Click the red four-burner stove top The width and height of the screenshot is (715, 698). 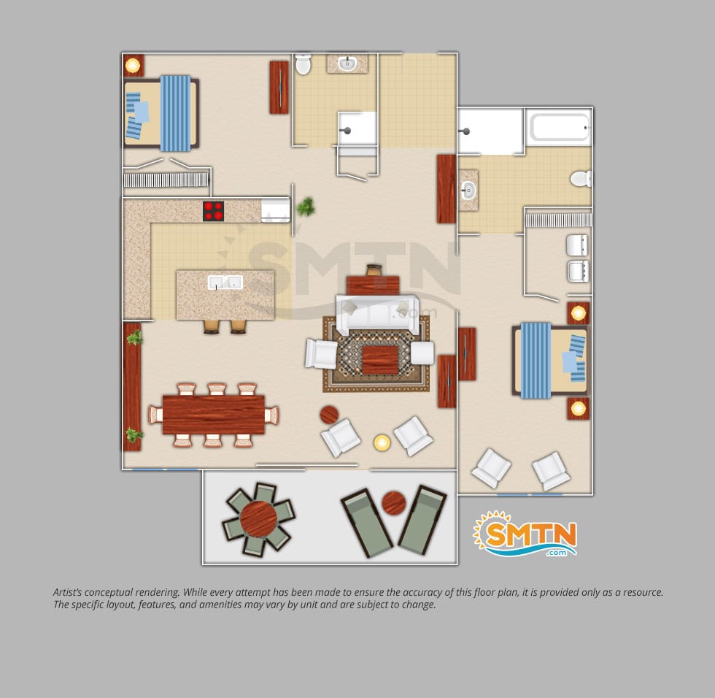click(x=213, y=211)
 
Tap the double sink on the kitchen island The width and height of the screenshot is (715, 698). click(x=225, y=283)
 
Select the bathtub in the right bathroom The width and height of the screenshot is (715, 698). click(x=559, y=127)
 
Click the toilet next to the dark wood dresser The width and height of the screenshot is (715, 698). click(x=303, y=64)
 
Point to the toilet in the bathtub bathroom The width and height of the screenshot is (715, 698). click(x=581, y=178)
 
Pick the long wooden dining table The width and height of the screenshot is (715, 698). click(x=213, y=415)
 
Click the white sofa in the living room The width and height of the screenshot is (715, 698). click(x=377, y=315)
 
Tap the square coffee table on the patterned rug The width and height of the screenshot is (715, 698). click(x=380, y=360)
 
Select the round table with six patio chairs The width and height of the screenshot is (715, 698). click(x=258, y=518)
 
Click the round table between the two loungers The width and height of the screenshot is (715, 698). click(x=393, y=503)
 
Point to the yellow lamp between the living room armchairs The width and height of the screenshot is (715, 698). click(x=382, y=442)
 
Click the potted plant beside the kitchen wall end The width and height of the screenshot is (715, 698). click(x=306, y=207)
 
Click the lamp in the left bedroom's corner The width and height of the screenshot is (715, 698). click(x=133, y=66)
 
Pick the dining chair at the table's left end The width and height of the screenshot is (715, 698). click(x=155, y=415)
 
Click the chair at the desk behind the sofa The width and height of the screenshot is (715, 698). click(x=374, y=270)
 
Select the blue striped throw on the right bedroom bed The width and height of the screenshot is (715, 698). click(x=536, y=361)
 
